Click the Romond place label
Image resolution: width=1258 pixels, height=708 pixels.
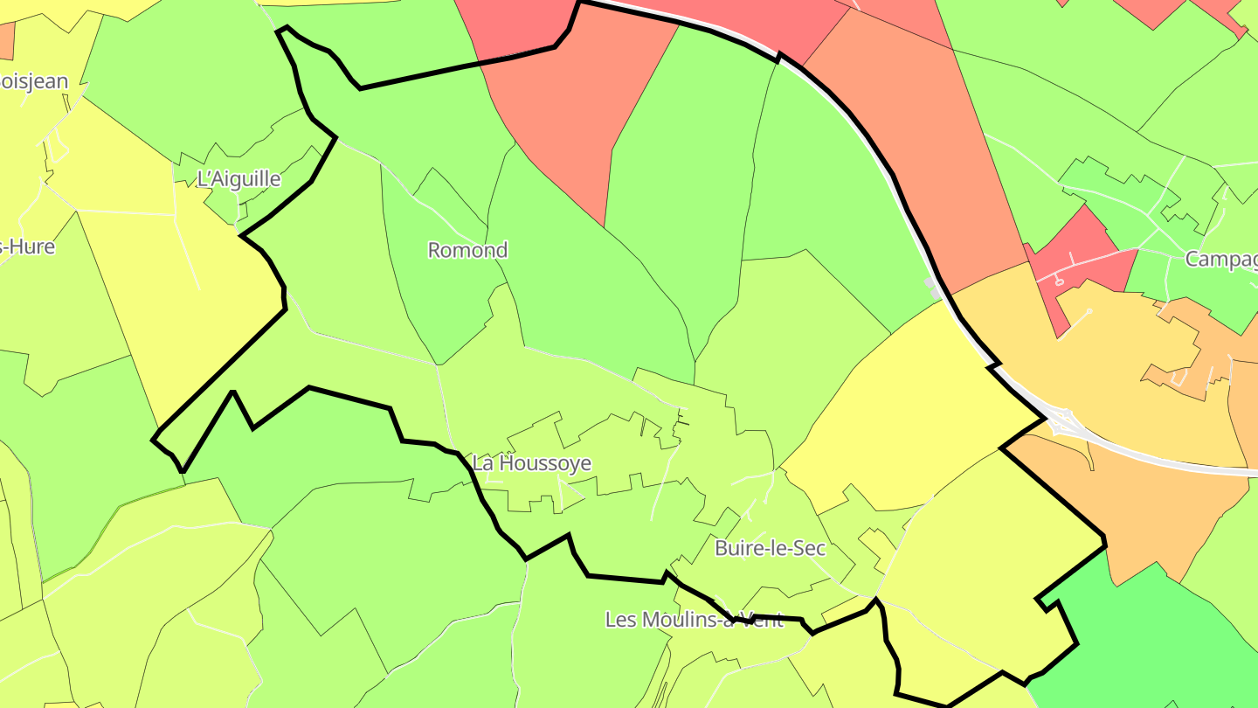point(467,250)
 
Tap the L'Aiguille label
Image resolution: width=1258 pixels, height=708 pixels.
point(238,179)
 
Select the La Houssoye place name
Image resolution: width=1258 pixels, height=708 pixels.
point(531,463)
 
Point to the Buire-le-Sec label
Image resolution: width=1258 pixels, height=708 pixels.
point(770,548)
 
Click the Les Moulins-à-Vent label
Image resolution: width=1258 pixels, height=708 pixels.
point(694,620)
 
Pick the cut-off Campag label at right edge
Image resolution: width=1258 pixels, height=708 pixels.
point(1220,260)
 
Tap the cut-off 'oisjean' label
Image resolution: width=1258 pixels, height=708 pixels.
point(34,81)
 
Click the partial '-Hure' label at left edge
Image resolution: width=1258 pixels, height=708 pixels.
point(28,246)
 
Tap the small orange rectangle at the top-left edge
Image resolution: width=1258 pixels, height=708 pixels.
point(6,40)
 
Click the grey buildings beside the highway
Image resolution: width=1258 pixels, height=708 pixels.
point(933,289)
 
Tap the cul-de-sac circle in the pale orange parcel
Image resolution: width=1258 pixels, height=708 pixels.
point(1089,310)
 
